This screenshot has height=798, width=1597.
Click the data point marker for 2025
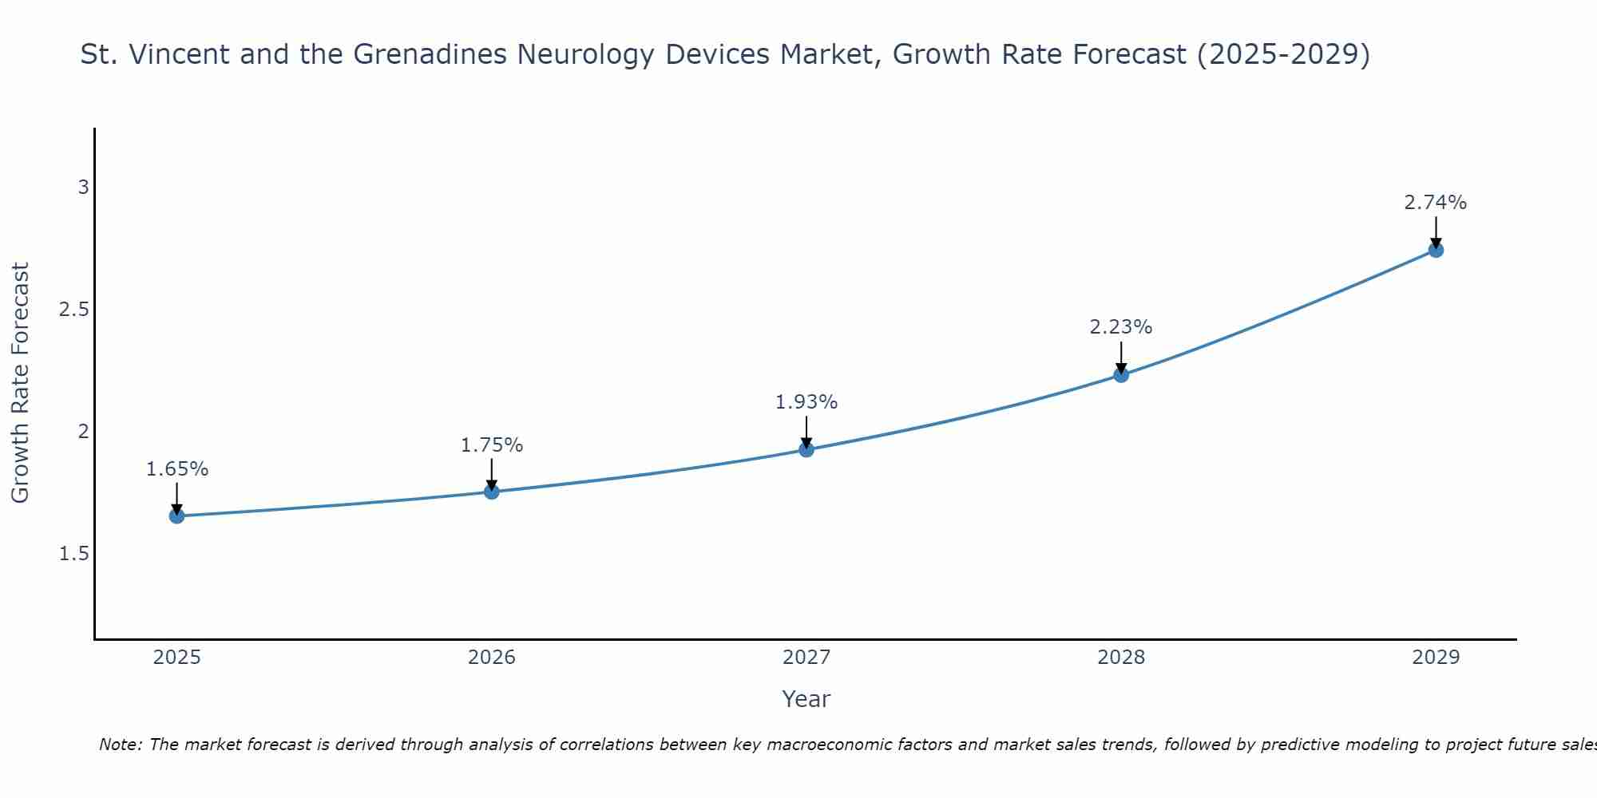(177, 516)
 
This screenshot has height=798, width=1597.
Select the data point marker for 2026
(492, 492)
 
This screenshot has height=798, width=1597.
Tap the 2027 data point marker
(806, 449)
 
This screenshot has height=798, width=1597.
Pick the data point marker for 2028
(1121, 375)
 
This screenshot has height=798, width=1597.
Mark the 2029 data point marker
(1436, 251)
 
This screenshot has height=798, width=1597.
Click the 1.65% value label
(177, 469)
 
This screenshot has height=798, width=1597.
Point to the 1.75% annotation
(492, 445)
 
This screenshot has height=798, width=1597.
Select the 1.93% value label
(806, 402)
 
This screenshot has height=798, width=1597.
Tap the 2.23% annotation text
(1121, 327)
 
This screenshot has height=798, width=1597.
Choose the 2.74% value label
(1436, 203)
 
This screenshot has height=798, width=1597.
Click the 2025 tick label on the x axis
(177, 658)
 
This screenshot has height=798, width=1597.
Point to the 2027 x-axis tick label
(806, 658)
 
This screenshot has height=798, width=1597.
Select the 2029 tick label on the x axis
(1436, 658)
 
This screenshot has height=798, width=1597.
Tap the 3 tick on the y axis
(83, 188)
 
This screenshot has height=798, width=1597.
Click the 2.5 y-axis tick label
(73, 310)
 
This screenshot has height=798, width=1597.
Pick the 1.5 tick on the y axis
(73, 554)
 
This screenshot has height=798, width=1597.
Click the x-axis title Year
(806, 699)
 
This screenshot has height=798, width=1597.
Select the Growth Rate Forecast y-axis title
(21, 383)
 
